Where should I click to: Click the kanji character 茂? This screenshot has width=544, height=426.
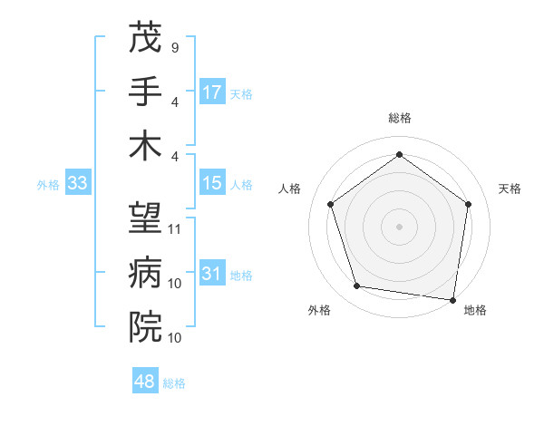click(145, 39)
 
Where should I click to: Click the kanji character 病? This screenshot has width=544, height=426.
click(145, 272)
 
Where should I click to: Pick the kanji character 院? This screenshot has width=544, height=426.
click(145, 325)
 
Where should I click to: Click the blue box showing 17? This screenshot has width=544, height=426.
click(212, 92)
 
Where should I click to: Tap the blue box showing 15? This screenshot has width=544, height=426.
click(212, 184)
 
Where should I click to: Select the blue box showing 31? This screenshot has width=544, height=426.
click(212, 275)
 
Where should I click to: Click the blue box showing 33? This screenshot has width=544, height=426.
click(77, 184)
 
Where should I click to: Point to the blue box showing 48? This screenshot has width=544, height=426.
click(145, 382)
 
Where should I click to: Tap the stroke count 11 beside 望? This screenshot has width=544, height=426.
click(175, 228)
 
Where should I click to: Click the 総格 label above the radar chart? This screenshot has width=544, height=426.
click(400, 119)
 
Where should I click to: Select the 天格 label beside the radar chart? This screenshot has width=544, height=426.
click(510, 189)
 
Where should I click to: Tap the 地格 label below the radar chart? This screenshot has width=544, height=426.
click(475, 310)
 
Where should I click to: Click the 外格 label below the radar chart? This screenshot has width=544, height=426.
click(319, 310)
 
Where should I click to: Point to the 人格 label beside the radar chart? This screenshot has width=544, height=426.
click(290, 189)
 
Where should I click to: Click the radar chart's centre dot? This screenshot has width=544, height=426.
click(400, 226)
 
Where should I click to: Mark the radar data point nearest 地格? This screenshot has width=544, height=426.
click(452, 299)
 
